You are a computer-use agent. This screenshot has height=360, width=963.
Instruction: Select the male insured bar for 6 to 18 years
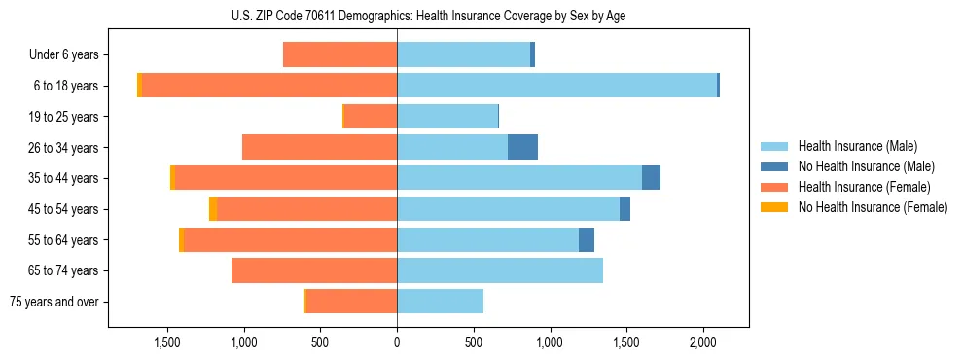(556, 86)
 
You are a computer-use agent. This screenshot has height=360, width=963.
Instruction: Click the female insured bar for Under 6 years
(339, 54)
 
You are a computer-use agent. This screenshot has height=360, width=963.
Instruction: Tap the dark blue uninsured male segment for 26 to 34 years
(522, 147)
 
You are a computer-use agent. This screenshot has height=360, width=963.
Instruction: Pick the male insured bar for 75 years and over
(440, 302)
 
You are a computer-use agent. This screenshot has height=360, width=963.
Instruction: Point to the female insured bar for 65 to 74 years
(314, 270)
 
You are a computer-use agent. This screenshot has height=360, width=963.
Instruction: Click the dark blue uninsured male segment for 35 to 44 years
(651, 178)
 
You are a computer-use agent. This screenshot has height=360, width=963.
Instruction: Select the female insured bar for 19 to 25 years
(371, 117)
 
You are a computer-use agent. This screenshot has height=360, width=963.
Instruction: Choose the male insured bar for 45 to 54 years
(508, 209)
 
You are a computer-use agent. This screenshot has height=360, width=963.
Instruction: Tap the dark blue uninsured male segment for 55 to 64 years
(587, 239)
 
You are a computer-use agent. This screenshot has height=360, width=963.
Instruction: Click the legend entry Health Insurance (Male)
(857, 146)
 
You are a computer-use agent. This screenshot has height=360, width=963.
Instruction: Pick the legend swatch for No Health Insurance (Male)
(774, 166)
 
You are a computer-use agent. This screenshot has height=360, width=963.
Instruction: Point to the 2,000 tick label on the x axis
(703, 342)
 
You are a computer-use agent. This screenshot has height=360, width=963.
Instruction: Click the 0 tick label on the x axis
(397, 342)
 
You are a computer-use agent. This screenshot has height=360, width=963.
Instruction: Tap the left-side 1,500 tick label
(167, 342)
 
